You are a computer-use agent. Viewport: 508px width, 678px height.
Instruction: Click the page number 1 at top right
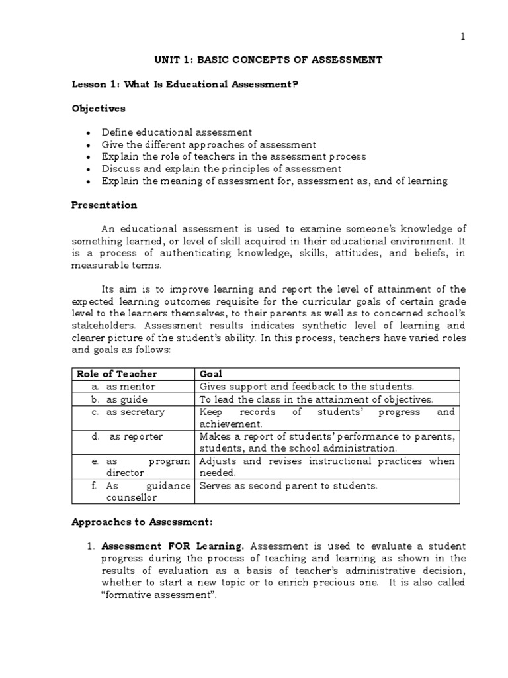point(463,37)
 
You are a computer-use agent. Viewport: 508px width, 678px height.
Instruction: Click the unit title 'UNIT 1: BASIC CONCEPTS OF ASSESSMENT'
point(269,60)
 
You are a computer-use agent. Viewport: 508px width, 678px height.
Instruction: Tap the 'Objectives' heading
point(99,108)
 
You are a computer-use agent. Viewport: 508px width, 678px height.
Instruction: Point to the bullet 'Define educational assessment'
point(177,132)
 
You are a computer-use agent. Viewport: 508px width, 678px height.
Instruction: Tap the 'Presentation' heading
point(105,205)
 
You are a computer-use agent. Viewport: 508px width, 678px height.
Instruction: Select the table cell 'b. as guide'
point(120,399)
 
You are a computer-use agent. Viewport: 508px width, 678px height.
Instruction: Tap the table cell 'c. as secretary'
point(128,412)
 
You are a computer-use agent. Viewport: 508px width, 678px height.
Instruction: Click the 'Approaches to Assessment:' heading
point(142,522)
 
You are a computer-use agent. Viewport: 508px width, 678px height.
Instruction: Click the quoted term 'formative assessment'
point(159,595)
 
